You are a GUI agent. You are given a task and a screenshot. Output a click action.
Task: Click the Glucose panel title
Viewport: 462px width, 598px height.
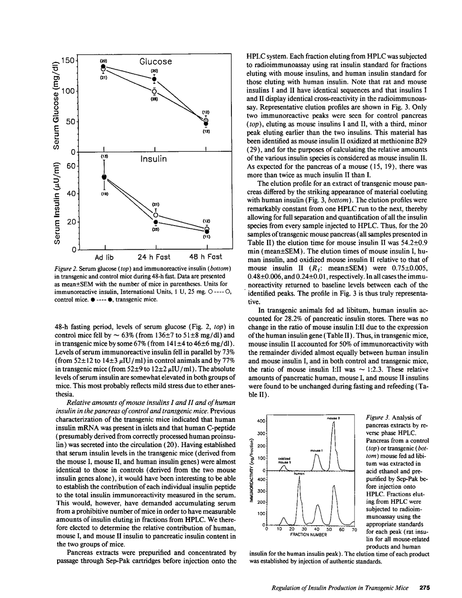click(x=155, y=62)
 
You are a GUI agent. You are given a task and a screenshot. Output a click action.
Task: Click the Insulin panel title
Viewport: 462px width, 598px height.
click(x=154, y=159)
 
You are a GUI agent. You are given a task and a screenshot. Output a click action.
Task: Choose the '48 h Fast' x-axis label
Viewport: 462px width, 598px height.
click(x=206, y=257)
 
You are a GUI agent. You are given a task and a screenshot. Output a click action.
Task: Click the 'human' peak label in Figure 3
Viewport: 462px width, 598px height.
click(x=298, y=473)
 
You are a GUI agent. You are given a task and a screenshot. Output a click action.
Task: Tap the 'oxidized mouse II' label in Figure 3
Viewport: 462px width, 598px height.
click(x=284, y=460)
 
